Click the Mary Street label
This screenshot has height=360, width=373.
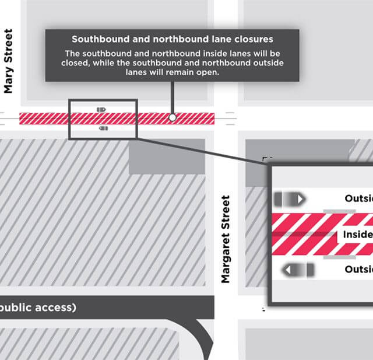pos(8,61)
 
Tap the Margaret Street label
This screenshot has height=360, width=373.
pos(226,239)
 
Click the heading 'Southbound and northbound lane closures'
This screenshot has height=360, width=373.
pos(172,40)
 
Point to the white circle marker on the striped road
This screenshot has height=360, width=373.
pos(172,118)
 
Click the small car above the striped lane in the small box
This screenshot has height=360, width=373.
pos(101,109)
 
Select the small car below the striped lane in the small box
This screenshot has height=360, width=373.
pos(103,128)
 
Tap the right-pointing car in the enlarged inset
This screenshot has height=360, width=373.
pos(289,199)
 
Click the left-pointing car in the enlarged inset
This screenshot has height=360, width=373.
pos(298,270)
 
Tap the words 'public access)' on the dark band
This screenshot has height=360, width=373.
pos(38,307)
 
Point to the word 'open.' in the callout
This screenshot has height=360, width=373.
pos(207,72)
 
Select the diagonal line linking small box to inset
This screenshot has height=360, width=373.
pos(204,151)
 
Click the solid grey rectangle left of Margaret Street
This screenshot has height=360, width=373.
pos(166,156)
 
